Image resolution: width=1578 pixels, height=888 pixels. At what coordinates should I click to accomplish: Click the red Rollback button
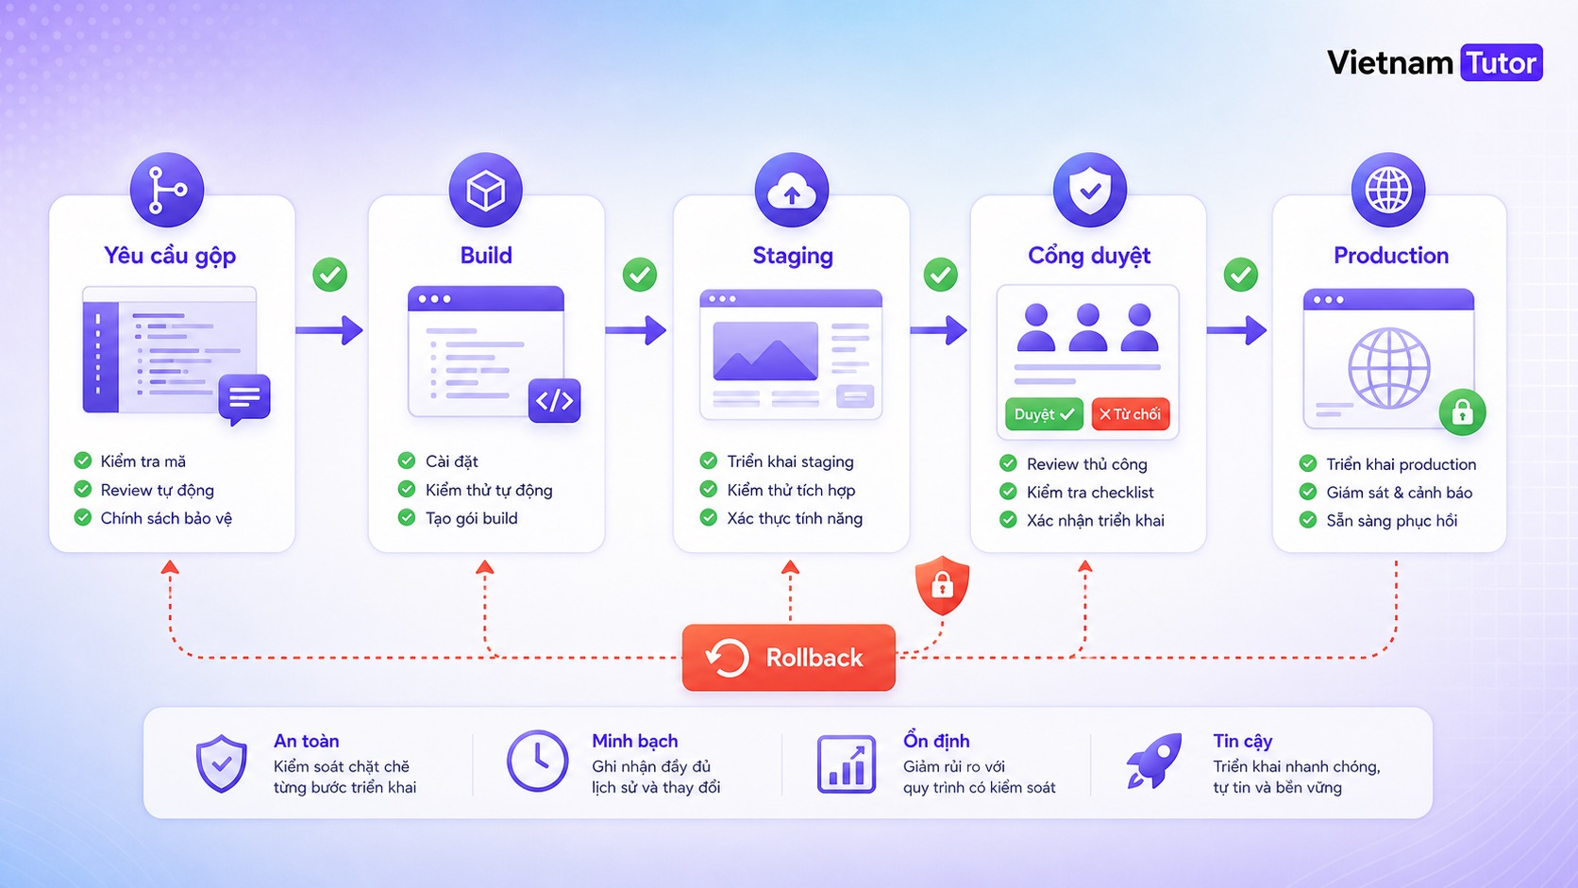click(788, 657)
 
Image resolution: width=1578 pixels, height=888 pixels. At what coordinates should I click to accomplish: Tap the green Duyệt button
click(1043, 414)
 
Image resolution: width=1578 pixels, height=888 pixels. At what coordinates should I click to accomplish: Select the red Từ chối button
click(1130, 414)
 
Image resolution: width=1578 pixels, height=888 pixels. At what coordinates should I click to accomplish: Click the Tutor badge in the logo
click(1502, 62)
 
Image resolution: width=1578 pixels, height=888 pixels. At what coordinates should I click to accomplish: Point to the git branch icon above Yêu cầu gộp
click(167, 190)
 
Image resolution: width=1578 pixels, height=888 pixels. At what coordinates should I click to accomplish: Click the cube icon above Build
click(485, 190)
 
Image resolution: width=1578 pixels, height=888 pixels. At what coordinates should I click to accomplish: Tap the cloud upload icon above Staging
click(792, 190)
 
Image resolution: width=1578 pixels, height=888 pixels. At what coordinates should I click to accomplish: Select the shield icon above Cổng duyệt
click(1090, 190)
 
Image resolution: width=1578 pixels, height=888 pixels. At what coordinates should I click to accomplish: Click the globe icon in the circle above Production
click(1387, 190)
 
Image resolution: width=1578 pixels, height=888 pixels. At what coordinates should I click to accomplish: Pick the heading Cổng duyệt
click(1089, 256)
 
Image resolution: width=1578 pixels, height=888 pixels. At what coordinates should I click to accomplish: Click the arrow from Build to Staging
click(635, 330)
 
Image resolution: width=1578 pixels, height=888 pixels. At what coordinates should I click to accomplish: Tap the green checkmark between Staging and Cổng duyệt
click(940, 275)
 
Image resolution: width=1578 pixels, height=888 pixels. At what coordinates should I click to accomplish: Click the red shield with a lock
click(942, 585)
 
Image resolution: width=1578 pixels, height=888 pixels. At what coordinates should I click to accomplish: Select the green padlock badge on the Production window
click(1463, 412)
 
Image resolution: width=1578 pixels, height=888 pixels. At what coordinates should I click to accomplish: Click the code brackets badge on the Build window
click(554, 401)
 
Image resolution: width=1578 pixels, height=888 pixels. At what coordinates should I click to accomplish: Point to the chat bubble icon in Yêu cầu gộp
click(244, 399)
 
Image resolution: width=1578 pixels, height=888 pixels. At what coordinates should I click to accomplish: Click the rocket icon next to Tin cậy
click(1153, 761)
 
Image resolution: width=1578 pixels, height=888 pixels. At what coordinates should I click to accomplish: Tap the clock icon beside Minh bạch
click(538, 761)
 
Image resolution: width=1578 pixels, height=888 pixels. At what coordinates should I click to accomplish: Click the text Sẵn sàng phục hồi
click(1391, 520)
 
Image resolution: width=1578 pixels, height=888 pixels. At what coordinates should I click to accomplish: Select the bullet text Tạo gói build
click(471, 518)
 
